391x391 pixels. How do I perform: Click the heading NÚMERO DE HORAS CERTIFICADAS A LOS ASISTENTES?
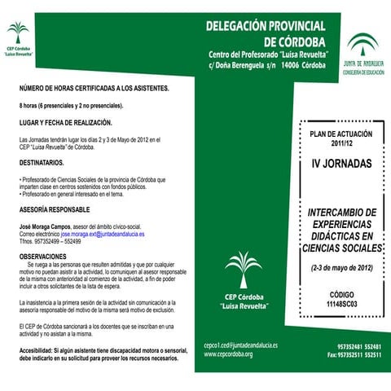94,88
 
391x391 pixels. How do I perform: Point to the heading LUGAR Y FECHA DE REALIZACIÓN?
65,122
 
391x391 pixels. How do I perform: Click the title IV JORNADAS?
342,164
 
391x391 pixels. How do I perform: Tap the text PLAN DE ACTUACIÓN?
342,133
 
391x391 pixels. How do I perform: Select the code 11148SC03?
342,304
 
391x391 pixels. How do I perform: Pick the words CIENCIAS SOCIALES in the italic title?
342,249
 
